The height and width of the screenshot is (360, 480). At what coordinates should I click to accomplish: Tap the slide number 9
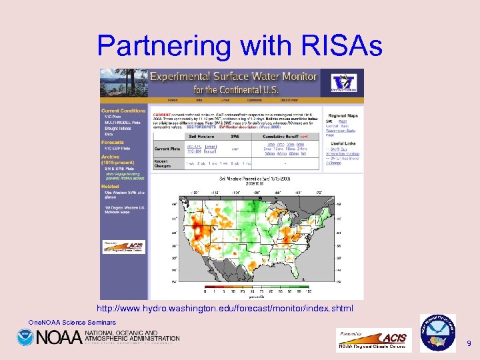(469, 343)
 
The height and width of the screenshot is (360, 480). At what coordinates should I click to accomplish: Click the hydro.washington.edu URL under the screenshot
(225, 309)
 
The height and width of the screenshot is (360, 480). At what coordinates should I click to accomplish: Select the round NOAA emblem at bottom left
(25, 337)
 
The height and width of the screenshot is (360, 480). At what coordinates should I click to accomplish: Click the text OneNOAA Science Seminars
(72, 322)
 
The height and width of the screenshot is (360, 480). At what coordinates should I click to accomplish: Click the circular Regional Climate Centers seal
(437, 332)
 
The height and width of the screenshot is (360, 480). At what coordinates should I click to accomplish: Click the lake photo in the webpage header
(123, 83)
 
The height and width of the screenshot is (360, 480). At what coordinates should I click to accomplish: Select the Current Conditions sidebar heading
(123, 110)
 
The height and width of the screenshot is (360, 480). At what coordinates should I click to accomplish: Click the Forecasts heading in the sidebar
(113, 142)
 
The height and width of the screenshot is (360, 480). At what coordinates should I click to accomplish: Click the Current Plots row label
(167, 149)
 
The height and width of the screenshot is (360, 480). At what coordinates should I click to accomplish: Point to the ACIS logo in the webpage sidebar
(124, 246)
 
